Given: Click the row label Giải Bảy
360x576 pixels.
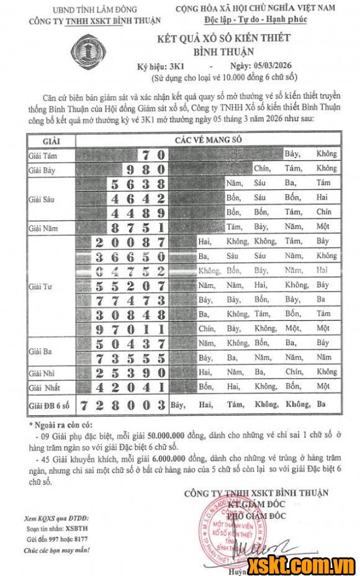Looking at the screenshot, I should click(x=43, y=169).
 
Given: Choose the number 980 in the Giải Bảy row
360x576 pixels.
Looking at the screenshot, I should click(x=145, y=169).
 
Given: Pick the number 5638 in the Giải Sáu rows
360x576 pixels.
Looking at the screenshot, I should click(x=138, y=184).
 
